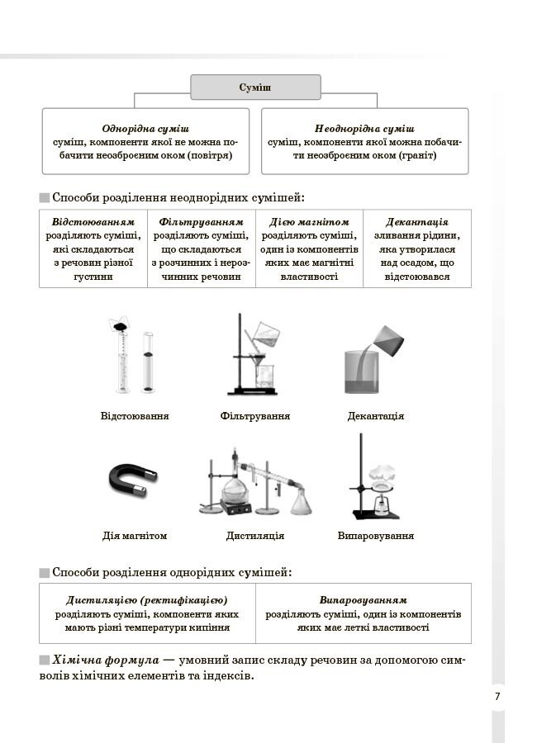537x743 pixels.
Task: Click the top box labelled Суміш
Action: tap(255, 88)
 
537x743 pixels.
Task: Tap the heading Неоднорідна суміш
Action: tap(364, 129)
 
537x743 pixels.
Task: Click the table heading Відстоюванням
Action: tap(93, 222)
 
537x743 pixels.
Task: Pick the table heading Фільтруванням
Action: tap(202, 222)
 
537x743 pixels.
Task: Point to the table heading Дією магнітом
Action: tap(309, 222)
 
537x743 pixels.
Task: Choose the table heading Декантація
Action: tap(417, 222)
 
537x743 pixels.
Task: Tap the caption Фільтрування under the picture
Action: tap(255, 416)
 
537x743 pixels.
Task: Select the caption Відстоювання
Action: tap(135, 416)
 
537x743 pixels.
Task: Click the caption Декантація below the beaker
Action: tap(376, 416)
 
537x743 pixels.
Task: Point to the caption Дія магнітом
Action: tap(135, 536)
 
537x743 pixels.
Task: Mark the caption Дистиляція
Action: tap(255, 536)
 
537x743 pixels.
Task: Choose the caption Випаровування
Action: tap(376, 536)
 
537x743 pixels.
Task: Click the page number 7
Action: tap(497, 696)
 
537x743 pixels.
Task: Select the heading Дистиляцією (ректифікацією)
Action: tap(147, 599)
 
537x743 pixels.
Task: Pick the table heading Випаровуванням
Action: tap(364, 599)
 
